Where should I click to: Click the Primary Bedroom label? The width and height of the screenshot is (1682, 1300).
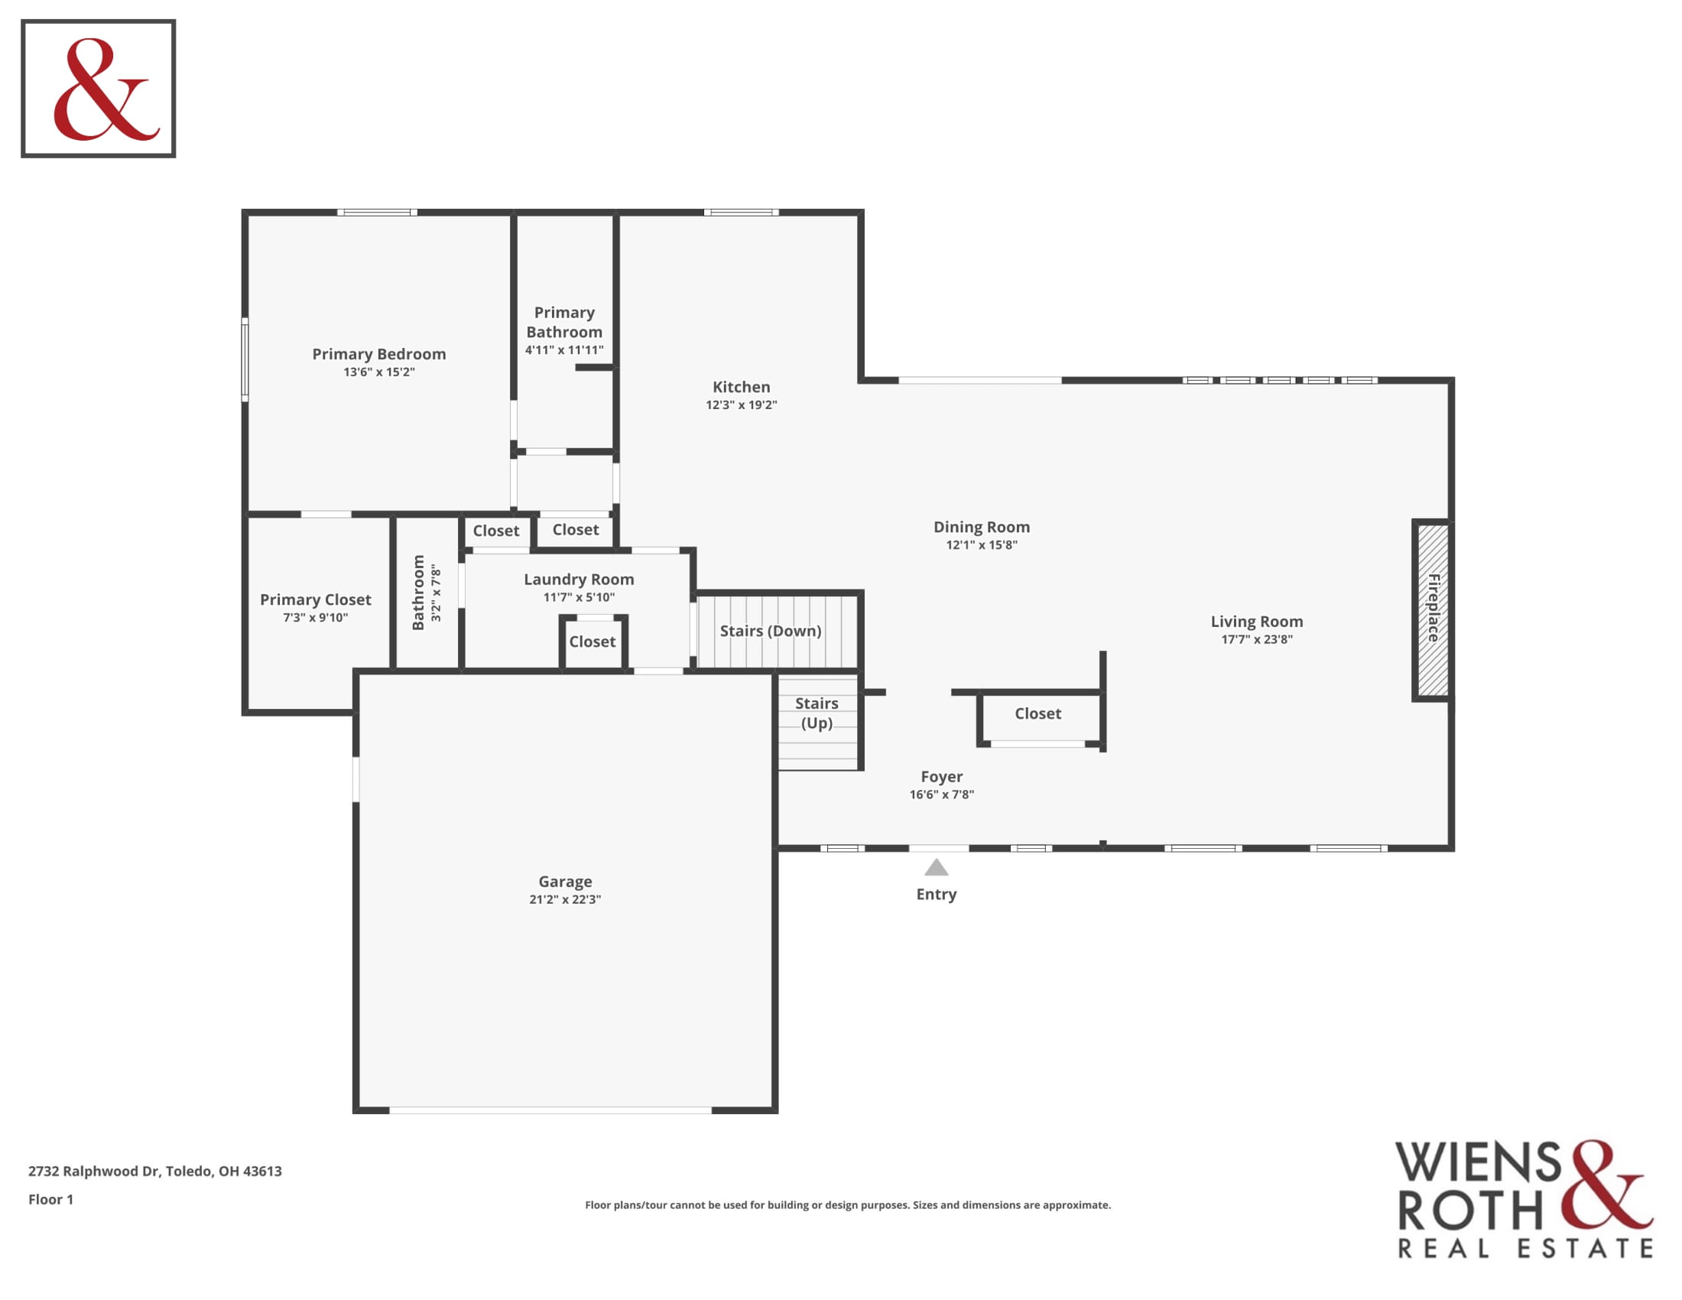(379, 354)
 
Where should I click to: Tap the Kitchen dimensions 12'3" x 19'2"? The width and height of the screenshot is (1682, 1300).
(742, 405)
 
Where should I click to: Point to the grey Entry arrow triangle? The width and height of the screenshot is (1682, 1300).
(937, 868)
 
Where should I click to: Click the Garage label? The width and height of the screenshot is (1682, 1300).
(565, 881)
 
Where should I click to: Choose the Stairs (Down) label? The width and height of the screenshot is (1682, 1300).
(771, 631)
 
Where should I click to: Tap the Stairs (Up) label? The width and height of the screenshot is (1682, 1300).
(817, 713)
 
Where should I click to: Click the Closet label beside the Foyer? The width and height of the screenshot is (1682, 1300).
(1038, 714)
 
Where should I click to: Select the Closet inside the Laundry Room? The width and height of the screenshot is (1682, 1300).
(593, 642)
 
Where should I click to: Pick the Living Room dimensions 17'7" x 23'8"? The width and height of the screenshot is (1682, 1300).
(1257, 639)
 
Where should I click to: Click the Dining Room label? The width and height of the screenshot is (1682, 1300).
(982, 527)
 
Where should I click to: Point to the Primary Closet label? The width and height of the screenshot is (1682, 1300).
(316, 600)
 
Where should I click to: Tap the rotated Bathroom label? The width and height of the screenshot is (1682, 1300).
(418, 593)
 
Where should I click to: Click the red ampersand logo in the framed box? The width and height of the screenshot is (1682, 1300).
(106, 89)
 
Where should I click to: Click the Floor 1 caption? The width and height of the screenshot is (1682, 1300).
(50, 1199)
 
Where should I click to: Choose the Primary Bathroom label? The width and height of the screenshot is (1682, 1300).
(564, 322)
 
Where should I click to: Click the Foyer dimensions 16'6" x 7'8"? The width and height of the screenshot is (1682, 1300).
(942, 795)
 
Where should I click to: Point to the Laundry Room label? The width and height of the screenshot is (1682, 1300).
(580, 579)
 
